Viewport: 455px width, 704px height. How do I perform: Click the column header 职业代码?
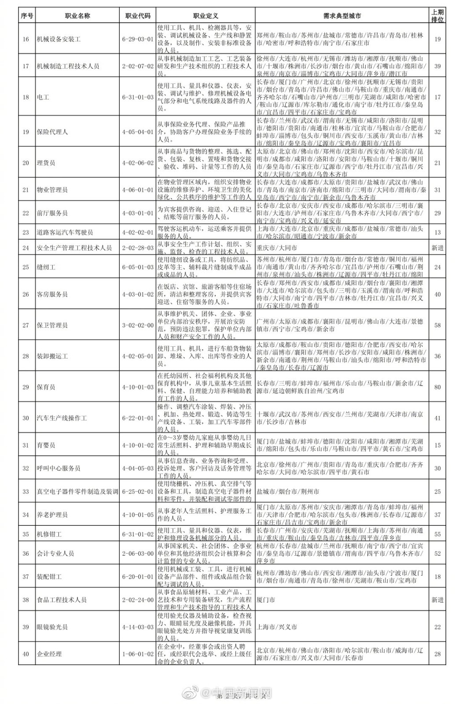click(x=138, y=16)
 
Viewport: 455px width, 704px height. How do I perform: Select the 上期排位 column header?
click(x=437, y=16)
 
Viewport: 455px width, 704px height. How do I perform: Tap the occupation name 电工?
click(x=43, y=97)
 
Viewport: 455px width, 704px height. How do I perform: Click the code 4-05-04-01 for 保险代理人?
click(x=138, y=132)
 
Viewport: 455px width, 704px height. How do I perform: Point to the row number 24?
click(x=26, y=248)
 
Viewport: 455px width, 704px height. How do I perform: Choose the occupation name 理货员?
click(x=46, y=163)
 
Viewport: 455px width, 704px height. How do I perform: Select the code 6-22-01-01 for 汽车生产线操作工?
click(x=138, y=418)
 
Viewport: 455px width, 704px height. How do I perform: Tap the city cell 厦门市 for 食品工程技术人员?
click(x=266, y=600)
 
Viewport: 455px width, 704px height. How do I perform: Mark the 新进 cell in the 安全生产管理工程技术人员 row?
click(x=437, y=248)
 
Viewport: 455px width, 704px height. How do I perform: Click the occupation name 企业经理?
click(x=49, y=654)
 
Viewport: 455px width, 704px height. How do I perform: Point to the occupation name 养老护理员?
click(x=52, y=514)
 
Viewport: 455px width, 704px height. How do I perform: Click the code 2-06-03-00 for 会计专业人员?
click(x=138, y=554)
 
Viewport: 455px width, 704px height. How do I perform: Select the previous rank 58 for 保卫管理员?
click(x=437, y=325)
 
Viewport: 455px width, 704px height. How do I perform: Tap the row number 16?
click(x=26, y=39)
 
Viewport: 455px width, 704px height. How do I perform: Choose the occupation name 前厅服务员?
click(x=52, y=213)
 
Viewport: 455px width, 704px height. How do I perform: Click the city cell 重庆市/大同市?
click(x=277, y=248)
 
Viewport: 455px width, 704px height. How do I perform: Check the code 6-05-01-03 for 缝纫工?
click(x=138, y=267)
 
